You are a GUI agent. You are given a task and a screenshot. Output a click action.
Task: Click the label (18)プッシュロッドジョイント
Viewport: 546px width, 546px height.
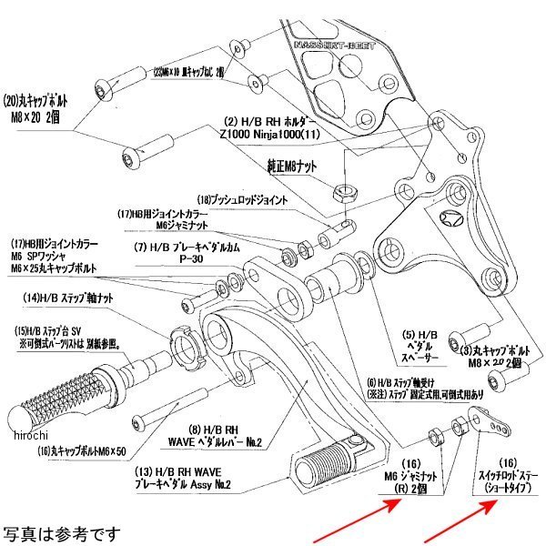242,199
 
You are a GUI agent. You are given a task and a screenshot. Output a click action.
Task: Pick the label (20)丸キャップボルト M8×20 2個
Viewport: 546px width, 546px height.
45,106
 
